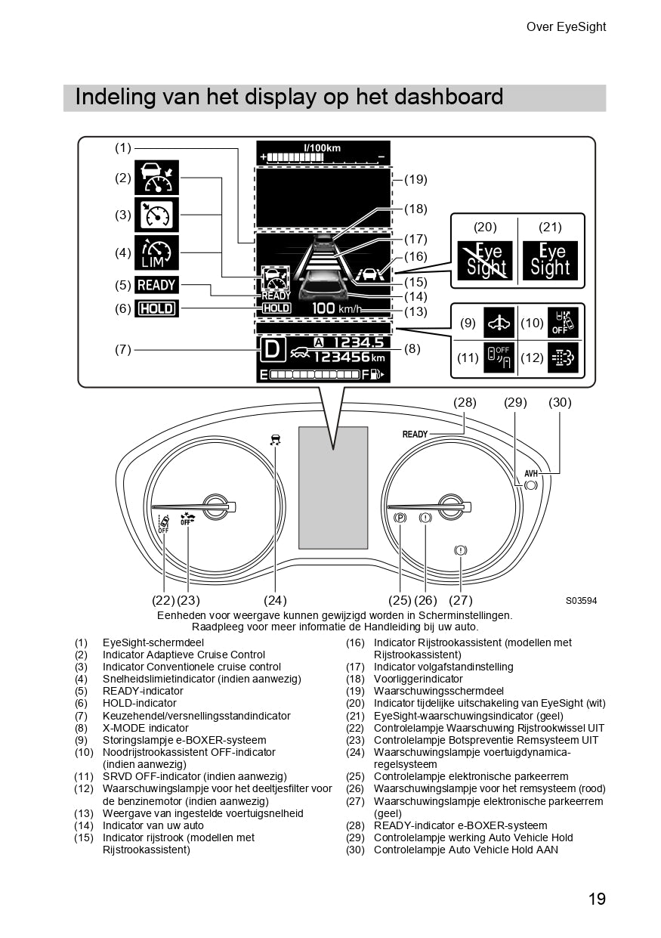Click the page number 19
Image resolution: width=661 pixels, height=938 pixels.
click(596, 899)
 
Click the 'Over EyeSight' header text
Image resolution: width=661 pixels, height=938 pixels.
click(566, 27)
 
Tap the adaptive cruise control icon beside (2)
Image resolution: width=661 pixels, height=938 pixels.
click(156, 178)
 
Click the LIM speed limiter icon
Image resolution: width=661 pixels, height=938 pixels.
click(156, 252)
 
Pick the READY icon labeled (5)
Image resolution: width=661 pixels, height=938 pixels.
click(156, 285)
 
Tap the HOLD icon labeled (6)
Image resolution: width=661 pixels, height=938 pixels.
click(156, 308)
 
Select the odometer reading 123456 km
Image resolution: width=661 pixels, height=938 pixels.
click(349, 358)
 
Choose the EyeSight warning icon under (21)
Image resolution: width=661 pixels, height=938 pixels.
click(551, 261)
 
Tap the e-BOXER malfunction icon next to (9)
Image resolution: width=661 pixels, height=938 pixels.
click(500, 323)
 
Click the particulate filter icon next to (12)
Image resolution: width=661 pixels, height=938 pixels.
click(564, 358)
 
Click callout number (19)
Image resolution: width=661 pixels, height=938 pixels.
click(415, 180)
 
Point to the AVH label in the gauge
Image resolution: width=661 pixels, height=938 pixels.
click(531, 473)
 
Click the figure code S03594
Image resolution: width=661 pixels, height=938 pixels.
click(581, 601)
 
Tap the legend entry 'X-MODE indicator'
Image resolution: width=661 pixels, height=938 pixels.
click(146, 728)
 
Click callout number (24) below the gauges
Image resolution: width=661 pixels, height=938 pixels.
click(275, 600)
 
